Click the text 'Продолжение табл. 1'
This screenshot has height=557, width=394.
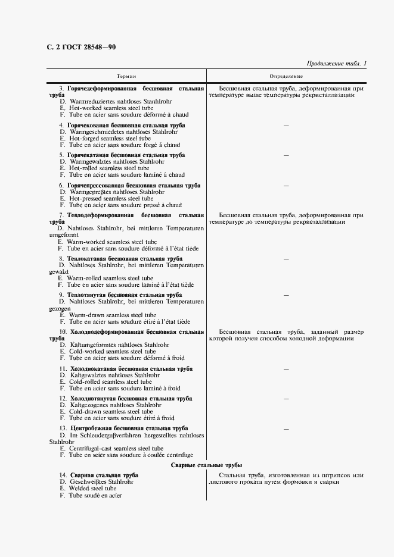[x=336, y=63]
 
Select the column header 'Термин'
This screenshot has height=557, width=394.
[x=126, y=76]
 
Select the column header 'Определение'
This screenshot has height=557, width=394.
[x=286, y=76]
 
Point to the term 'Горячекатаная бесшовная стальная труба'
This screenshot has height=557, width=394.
[x=126, y=155]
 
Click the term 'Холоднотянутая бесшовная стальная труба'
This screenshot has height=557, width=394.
[x=131, y=398]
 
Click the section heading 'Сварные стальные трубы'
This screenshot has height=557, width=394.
[x=206, y=465]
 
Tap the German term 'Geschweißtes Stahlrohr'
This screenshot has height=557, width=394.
[x=101, y=481]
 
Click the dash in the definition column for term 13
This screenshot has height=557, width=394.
[x=286, y=428]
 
